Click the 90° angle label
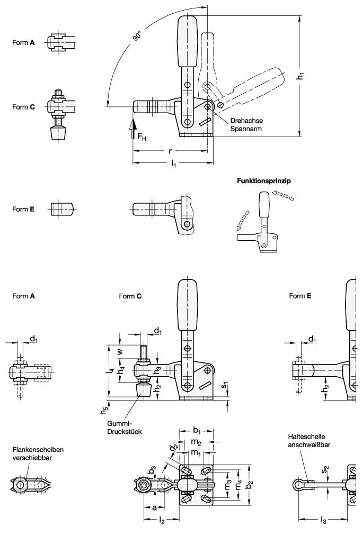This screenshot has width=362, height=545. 138,37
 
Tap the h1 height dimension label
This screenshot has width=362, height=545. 301,76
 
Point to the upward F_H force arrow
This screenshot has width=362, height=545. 134,128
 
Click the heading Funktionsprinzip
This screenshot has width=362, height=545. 264,180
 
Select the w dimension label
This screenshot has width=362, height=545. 120,351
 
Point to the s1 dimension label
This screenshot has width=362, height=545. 225,385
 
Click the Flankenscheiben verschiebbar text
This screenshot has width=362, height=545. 39,453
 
